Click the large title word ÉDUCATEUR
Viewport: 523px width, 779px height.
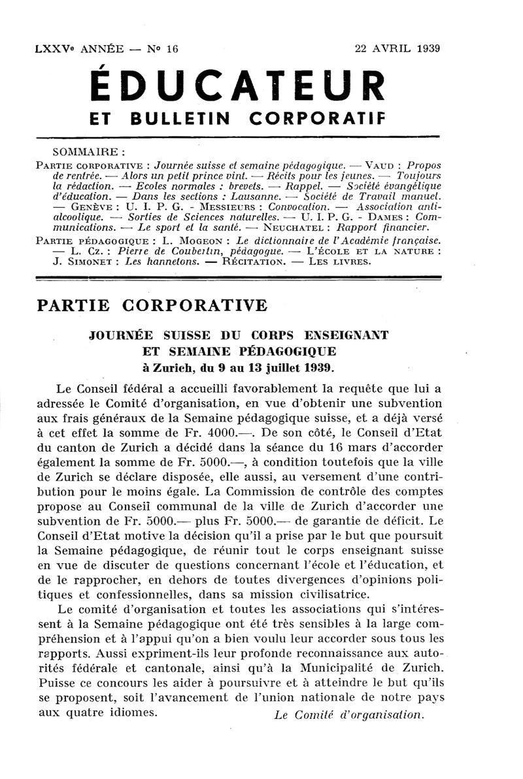237,87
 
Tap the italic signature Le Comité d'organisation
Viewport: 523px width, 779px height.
349,715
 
